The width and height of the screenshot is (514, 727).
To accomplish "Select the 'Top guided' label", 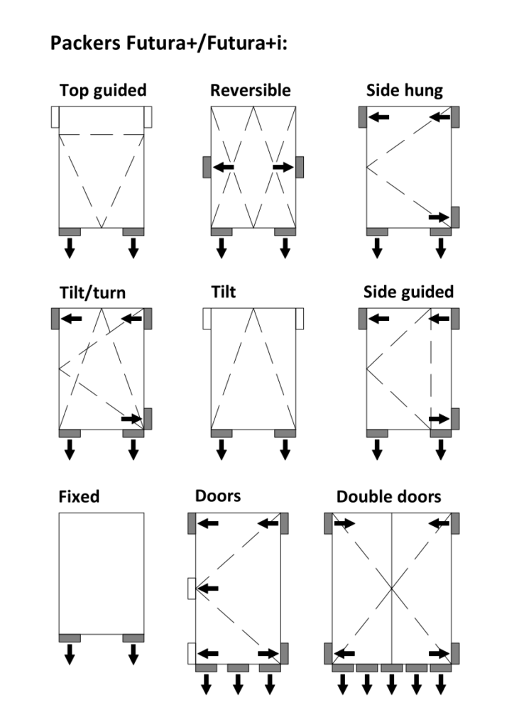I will pyautogui.click(x=103, y=90).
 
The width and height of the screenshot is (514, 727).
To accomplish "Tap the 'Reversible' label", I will pyautogui.click(x=250, y=90).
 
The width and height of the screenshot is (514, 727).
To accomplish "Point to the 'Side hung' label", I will pyautogui.click(x=404, y=90).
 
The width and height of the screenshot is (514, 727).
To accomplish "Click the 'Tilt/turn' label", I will pyautogui.click(x=92, y=293).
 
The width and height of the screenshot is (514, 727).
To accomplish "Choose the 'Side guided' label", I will pyautogui.click(x=408, y=292).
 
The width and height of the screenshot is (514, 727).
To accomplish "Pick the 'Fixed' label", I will pyautogui.click(x=79, y=496).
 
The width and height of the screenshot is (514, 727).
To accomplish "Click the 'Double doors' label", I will pyautogui.click(x=388, y=496).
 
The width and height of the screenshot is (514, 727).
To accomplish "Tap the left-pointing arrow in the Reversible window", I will pyautogui.click(x=224, y=167).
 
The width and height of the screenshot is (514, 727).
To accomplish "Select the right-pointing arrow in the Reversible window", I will pyautogui.click(x=283, y=167).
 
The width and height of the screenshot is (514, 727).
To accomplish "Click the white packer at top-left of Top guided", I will pyautogui.click(x=55, y=117).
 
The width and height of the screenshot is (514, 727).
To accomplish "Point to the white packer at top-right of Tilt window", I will pyautogui.click(x=300, y=319).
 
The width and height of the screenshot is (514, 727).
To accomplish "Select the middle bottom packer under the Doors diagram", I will pyautogui.click(x=238, y=668).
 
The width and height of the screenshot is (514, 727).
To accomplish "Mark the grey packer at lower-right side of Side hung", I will pyautogui.click(x=455, y=217).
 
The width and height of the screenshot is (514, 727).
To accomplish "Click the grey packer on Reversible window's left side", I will pyautogui.click(x=207, y=167).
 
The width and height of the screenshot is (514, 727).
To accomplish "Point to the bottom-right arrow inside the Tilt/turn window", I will pyautogui.click(x=132, y=419).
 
